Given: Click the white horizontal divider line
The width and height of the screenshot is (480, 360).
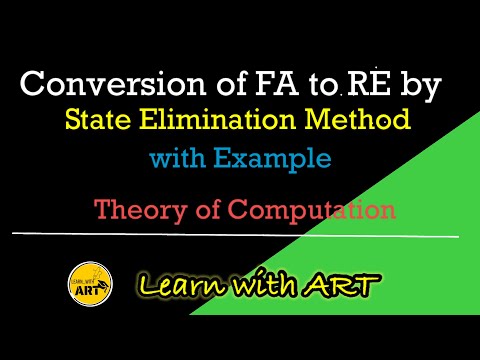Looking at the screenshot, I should [x=240, y=235].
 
